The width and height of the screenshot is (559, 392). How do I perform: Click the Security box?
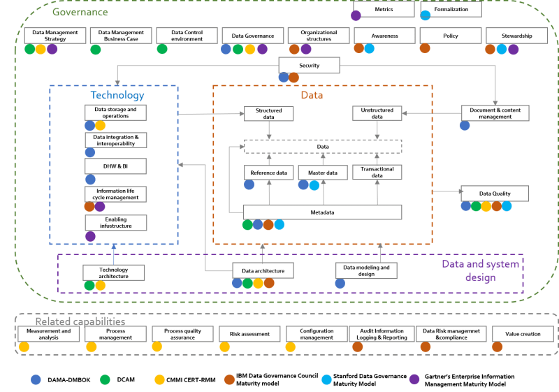[309, 66]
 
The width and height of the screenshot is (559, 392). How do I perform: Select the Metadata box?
[322, 212]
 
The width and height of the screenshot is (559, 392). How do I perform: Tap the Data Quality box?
[495, 194]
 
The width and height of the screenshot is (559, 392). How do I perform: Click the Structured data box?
[268, 114]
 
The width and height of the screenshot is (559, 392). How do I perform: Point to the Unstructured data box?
[377, 114]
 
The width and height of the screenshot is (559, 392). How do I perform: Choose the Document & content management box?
[495, 113]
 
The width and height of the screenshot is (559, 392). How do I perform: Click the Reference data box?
[268, 173]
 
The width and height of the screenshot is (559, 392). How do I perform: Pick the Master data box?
[322, 173]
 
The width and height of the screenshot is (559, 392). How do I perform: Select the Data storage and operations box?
[116, 112]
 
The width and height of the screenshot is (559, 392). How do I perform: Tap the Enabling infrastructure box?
[116, 223]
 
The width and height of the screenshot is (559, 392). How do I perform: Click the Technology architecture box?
[114, 273]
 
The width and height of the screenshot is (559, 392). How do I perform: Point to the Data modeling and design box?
[366, 270]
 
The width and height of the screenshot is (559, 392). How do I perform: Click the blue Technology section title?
[117, 95]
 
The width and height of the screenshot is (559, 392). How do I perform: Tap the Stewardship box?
[518, 36]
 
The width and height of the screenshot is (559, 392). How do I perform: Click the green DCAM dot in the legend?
[105, 379]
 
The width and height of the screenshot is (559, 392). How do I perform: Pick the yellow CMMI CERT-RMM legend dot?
[160, 379]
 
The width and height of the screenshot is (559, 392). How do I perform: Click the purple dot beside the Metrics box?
[356, 15]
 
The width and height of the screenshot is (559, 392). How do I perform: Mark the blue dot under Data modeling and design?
[340, 284]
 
